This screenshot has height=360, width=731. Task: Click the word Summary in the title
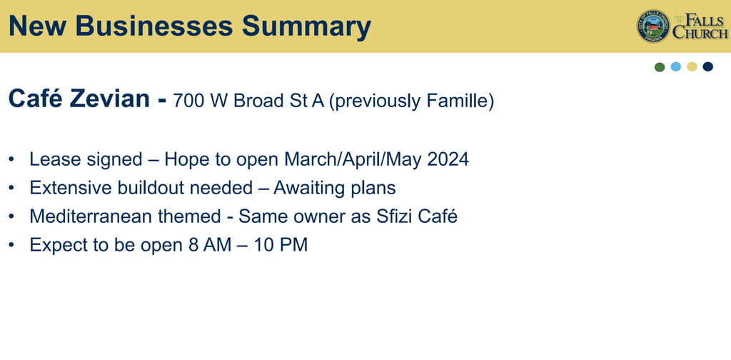click(x=306, y=26)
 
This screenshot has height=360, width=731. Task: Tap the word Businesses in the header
click(x=154, y=26)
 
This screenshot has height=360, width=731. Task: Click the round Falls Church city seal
click(x=653, y=26)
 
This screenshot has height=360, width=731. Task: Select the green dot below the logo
click(x=660, y=66)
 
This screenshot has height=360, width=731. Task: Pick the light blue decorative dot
click(x=676, y=66)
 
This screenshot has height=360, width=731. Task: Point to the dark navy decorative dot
click(x=707, y=66)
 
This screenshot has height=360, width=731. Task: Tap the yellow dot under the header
click(x=692, y=66)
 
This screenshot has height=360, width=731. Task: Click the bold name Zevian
click(x=110, y=99)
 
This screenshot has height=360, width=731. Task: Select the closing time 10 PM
click(x=281, y=245)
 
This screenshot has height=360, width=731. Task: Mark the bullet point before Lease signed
click(x=11, y=159)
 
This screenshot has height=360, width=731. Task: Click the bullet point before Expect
click(x=11, y=245)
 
